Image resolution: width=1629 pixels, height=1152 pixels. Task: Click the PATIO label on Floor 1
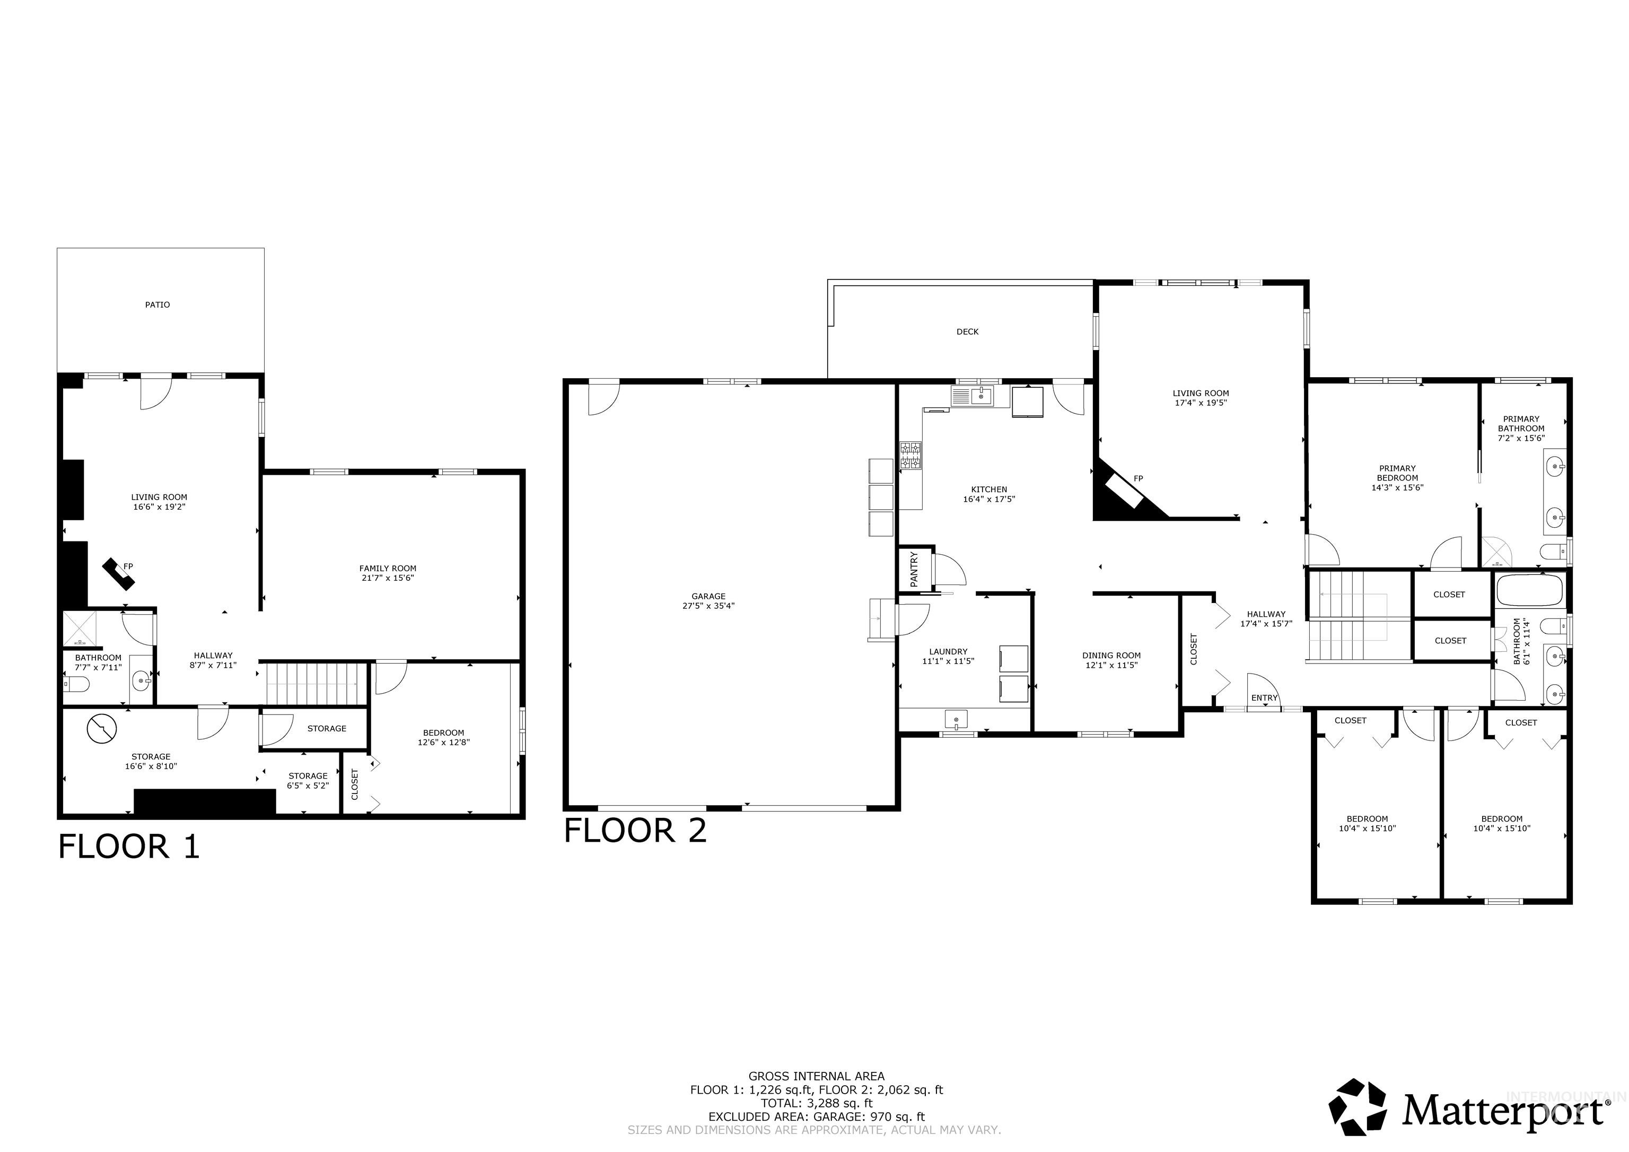157,304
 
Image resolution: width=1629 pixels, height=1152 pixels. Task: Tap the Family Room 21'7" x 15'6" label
388,573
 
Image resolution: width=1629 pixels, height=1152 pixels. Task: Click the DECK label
967,331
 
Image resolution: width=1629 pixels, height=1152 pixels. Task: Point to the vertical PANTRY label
914,569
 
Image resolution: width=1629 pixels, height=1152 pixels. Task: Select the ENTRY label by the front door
1264,698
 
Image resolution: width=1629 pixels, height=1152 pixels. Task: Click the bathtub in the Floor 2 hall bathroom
1529,590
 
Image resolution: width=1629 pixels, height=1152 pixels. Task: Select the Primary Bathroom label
1521,428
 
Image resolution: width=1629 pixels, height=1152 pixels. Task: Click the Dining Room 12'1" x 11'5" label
1111,660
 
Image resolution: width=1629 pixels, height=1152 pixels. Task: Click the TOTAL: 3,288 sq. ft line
816,1103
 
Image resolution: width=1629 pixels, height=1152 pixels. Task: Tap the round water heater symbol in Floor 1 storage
101,728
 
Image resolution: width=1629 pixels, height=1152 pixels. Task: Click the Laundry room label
948,656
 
